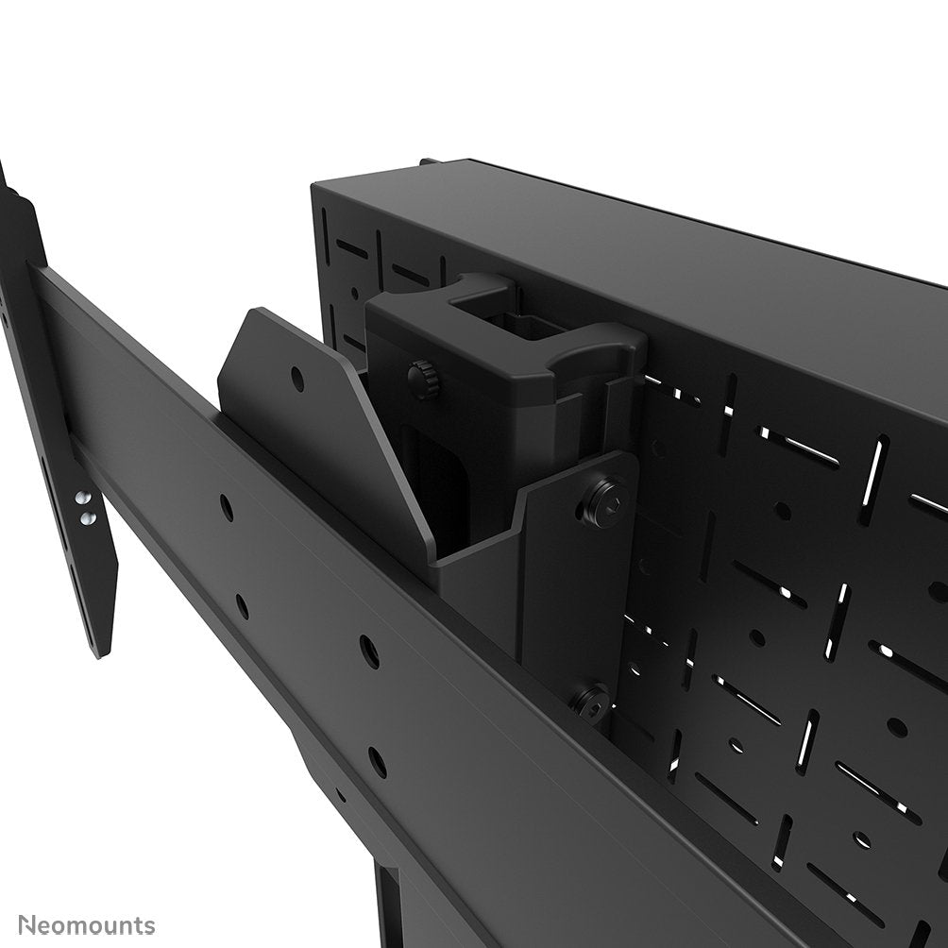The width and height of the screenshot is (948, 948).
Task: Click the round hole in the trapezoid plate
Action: tap(297, 380)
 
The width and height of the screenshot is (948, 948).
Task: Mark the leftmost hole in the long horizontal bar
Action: tap(227, 508)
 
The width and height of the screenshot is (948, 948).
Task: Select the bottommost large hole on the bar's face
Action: tap(378, 761)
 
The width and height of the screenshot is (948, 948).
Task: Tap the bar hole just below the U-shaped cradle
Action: tap(369, 651)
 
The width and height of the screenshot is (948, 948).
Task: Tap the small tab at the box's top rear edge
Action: tap(431, 161)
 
